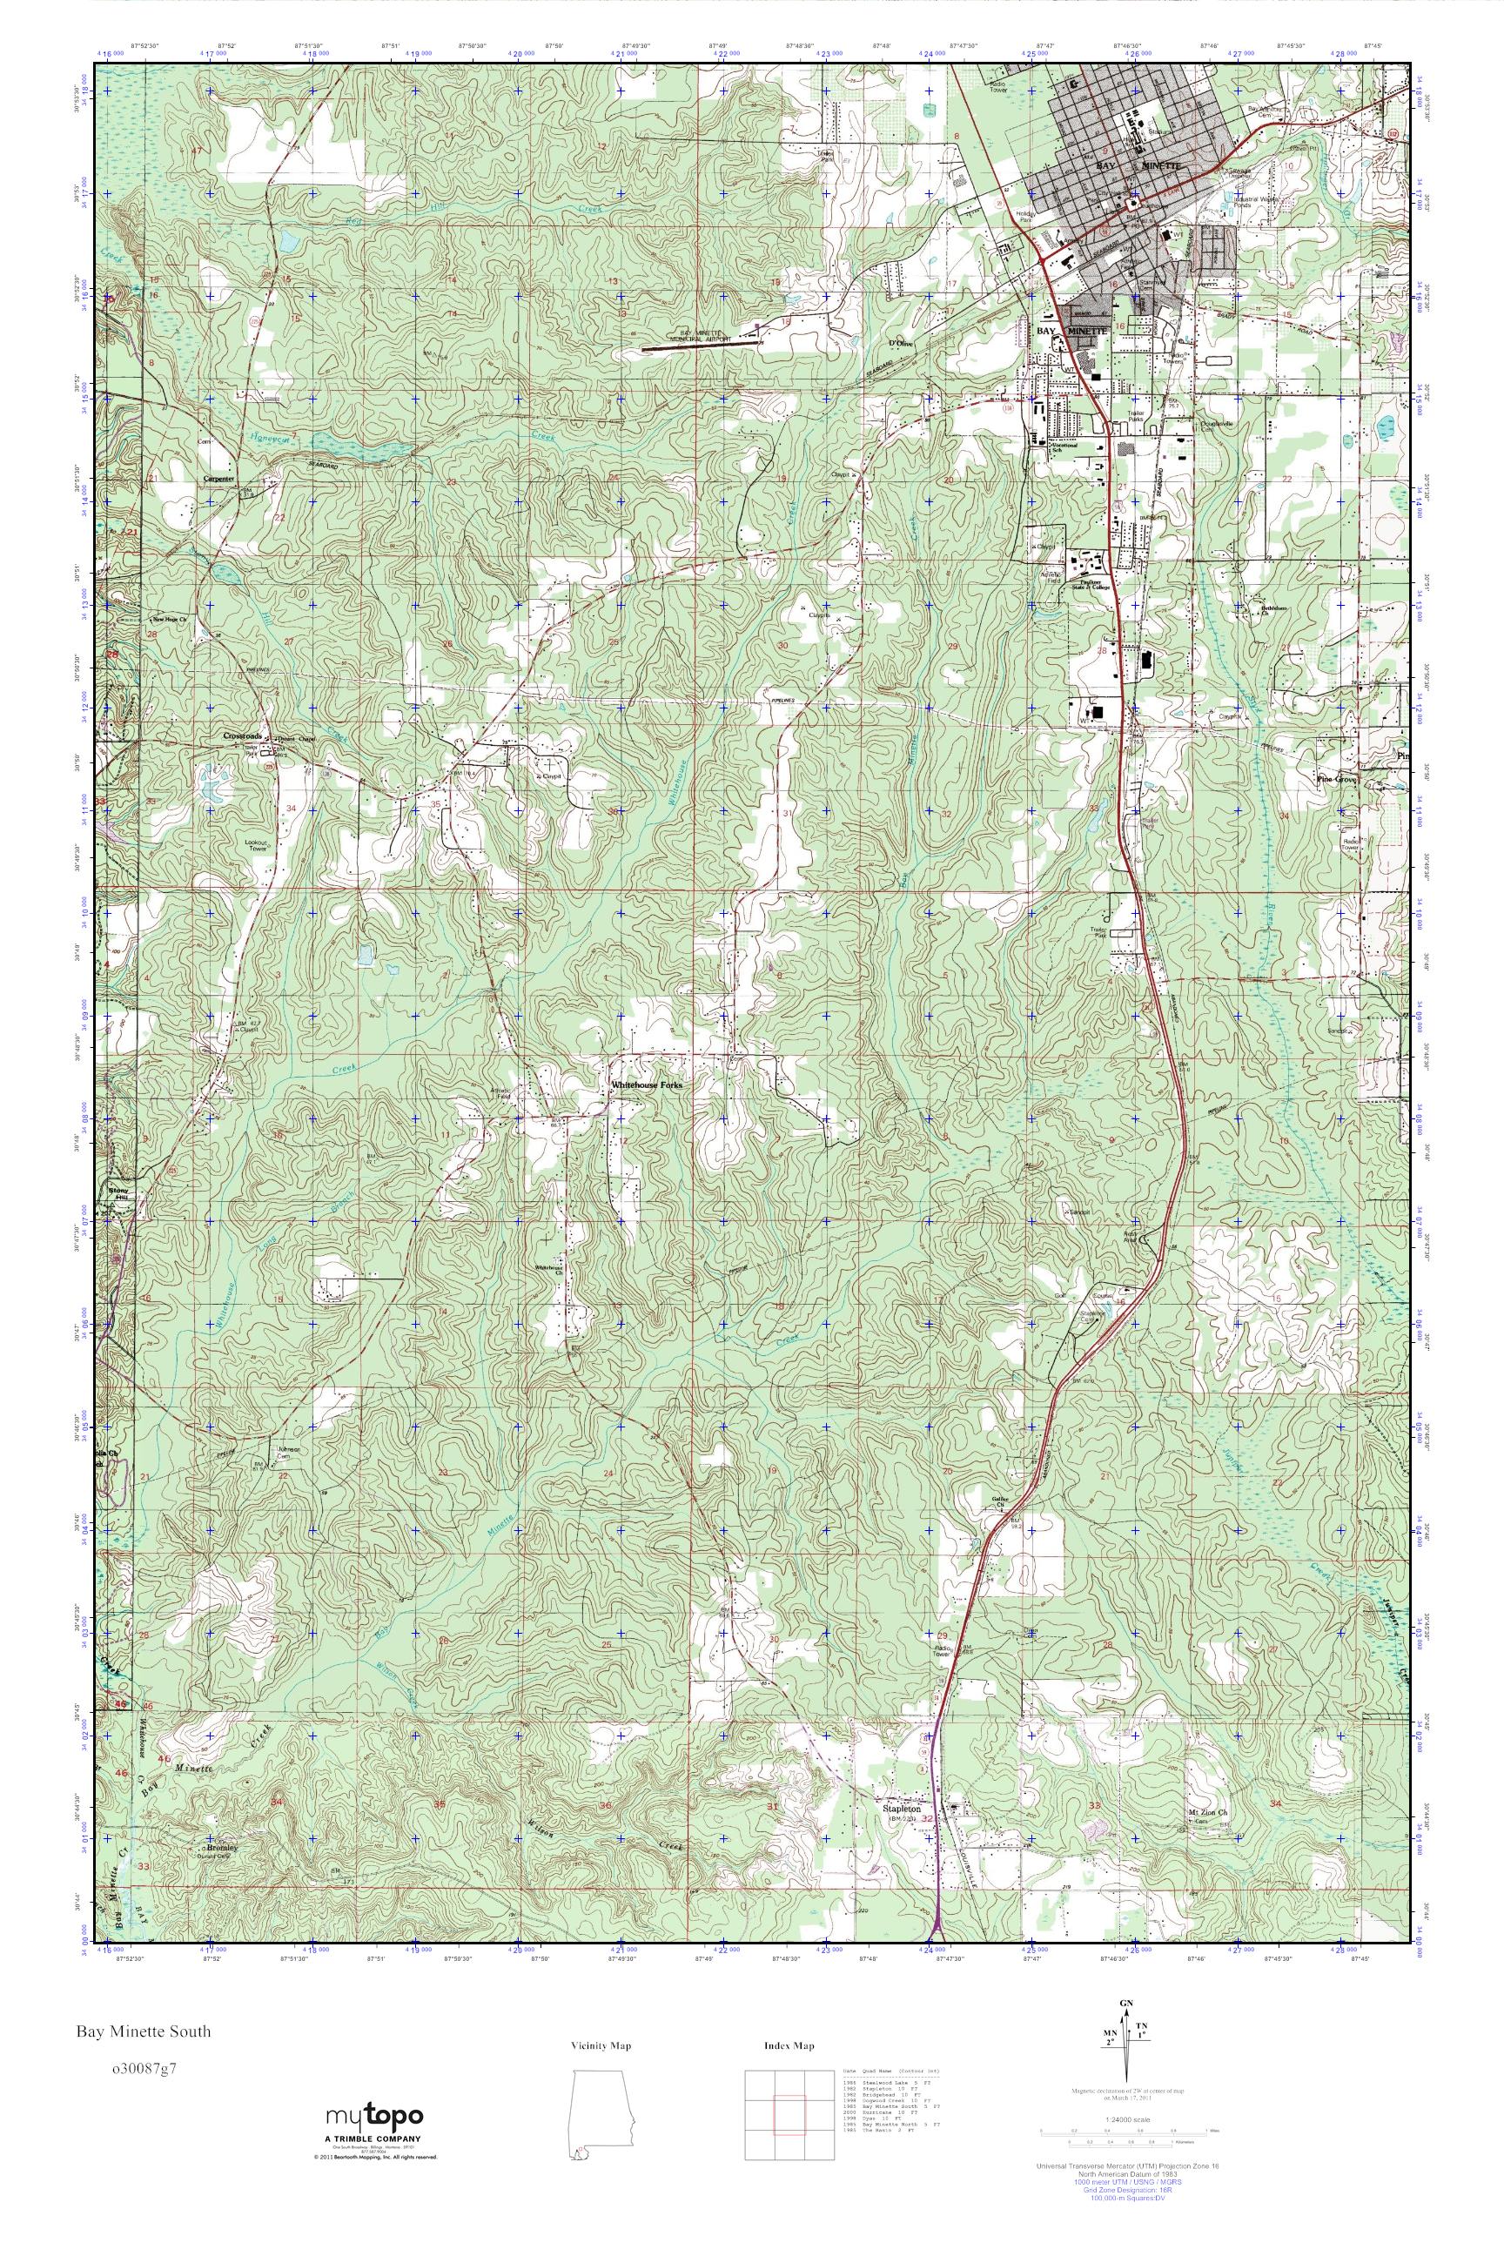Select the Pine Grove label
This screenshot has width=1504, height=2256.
(x=1336, y=781)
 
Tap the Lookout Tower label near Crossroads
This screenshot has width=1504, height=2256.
(x=255, y=847)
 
